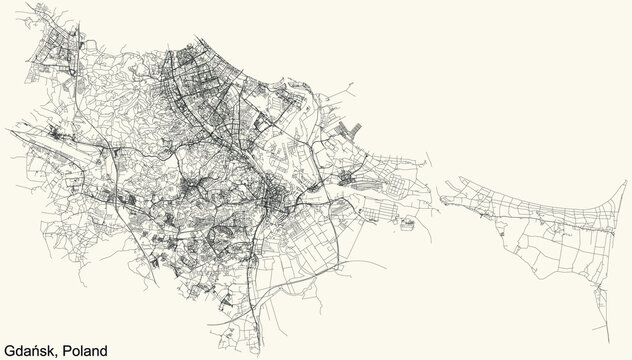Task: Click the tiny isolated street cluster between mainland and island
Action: (x=407, y=223)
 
